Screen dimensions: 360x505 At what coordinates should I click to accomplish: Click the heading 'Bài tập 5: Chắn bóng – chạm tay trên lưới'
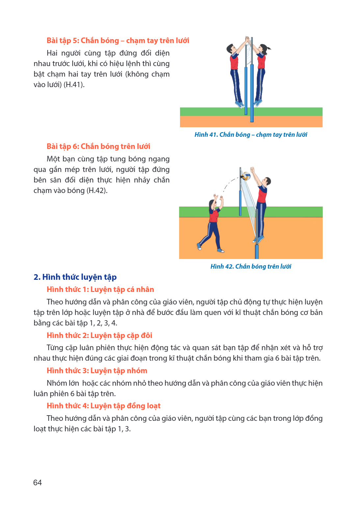(118, 40)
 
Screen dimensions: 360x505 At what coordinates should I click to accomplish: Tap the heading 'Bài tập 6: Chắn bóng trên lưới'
(98, 147)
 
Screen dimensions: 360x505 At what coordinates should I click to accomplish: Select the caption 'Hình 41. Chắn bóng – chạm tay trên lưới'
(251, 135)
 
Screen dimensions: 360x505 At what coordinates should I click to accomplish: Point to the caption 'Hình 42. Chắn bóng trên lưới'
(251, 267)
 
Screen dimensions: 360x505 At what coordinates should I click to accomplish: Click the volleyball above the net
(245, 176)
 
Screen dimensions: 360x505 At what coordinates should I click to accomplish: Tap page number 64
(38, 482)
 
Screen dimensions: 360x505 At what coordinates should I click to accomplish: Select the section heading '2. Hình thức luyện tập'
(75, 277)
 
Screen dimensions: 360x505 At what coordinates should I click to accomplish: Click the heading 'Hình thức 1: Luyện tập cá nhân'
(100, 289)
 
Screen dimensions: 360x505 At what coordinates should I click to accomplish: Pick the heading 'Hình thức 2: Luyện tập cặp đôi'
(99, 335)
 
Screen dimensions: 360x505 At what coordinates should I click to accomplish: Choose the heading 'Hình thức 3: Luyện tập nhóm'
(97, 371)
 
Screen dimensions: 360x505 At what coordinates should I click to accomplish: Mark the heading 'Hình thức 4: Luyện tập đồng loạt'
(104, 406)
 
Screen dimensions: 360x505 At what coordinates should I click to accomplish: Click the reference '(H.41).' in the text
(74, 85)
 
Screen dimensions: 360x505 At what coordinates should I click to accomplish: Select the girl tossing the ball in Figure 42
(211, 223)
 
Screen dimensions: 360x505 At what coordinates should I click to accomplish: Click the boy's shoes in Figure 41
(240, 104)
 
